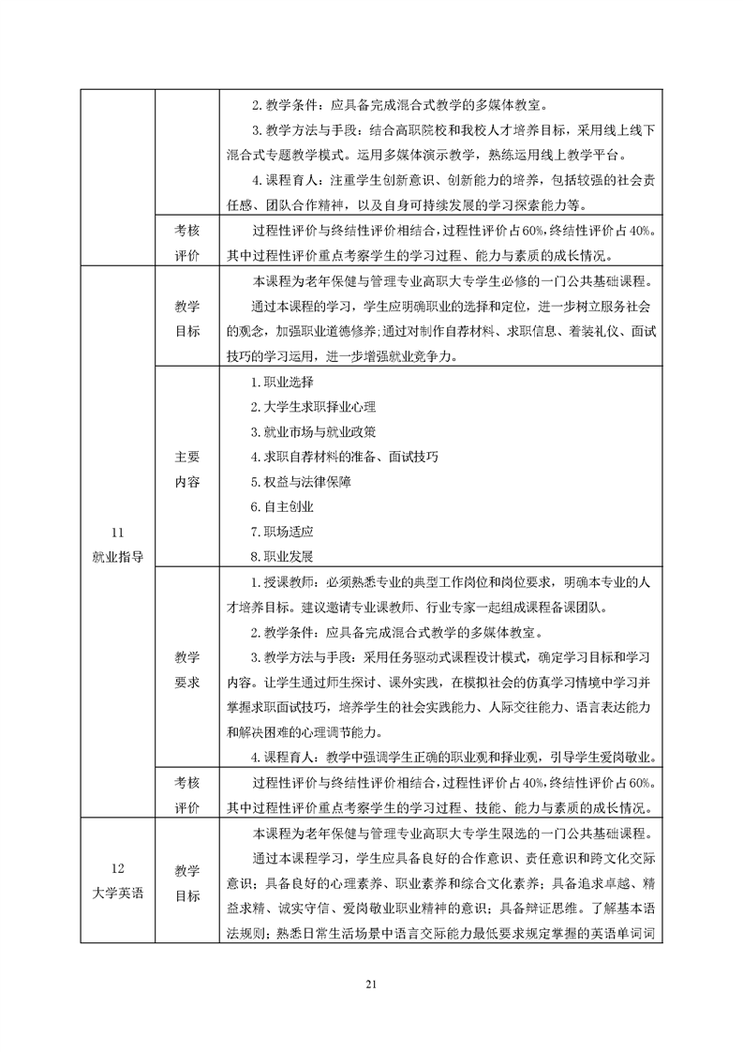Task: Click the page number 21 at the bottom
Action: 371,984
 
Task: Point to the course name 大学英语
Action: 117,893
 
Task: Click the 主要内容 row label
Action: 187,469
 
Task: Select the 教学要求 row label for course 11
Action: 187,669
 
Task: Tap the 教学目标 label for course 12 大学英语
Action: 187,883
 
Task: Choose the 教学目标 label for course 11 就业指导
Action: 187,319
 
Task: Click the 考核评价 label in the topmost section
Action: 187,242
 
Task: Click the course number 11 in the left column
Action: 117,531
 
